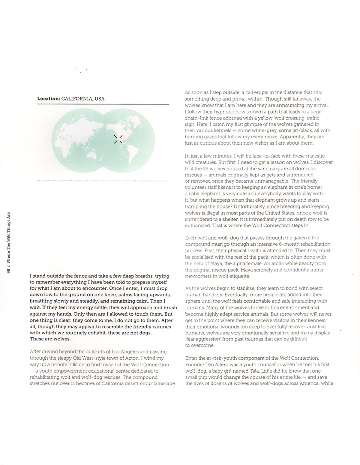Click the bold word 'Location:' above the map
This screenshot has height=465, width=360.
[x=49, y=99]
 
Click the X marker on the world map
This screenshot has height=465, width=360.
[x=118, y=139]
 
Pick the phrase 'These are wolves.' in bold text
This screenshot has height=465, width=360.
[x=50, y=339]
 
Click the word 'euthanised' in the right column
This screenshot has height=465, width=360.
[x=198, y=226]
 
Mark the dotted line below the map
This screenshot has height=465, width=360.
[x=103, y=181]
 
